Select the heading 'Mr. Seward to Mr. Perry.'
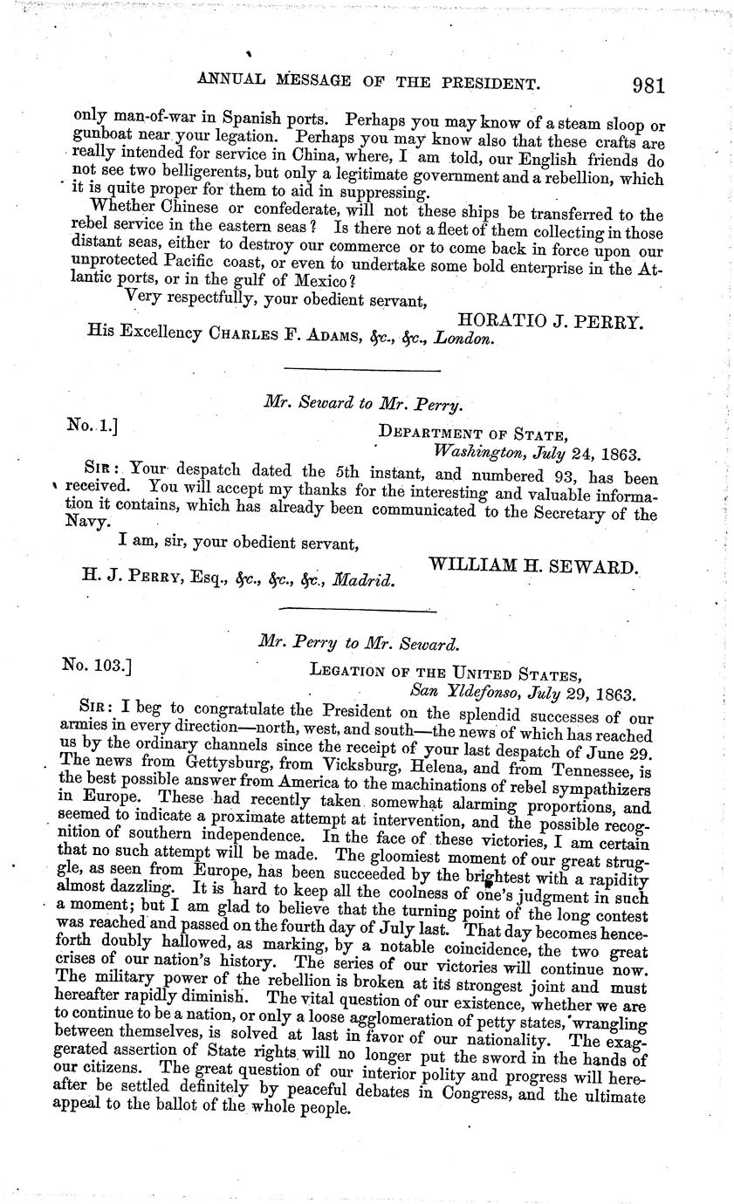tap(362, 404)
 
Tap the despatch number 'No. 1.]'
tap(92, 425)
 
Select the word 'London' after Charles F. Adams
tap(466, 339)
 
